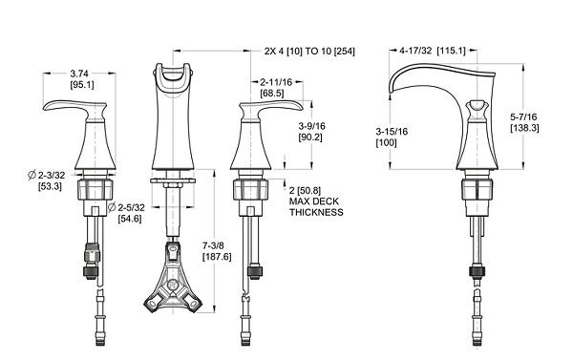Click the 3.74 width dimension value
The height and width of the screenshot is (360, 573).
pos(79,74)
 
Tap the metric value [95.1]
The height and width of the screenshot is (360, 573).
pos(82,85)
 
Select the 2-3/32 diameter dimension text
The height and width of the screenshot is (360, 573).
pos(52,175)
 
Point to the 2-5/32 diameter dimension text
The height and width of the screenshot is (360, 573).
pos(131,207)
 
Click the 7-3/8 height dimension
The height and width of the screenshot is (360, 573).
pos(215,245)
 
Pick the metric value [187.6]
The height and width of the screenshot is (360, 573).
pos(217,257)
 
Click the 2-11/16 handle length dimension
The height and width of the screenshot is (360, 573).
pos(276,82)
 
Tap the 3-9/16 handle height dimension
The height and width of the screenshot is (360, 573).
pos(311,126)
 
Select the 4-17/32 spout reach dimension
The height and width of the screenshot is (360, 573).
pos(415,51)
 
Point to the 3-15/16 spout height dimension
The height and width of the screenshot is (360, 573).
pos(392,132)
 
